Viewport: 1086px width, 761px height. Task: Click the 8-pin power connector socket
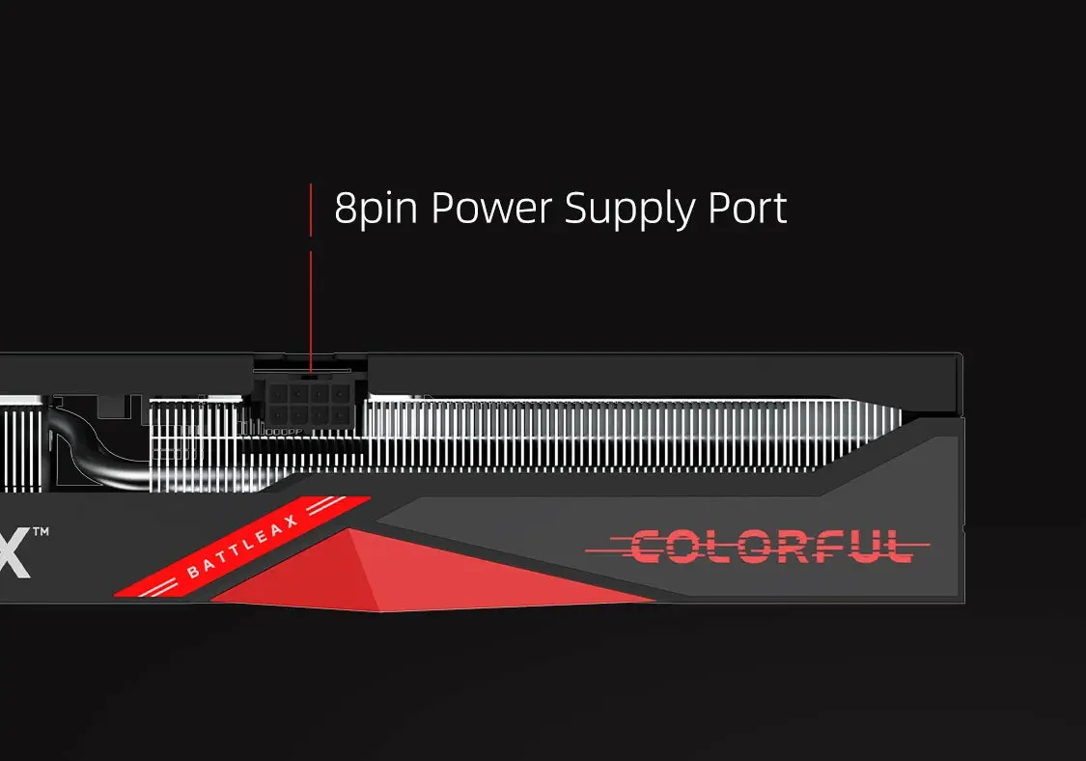[x=309, y=404]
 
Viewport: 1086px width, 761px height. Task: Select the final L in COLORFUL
[x=895, y=547]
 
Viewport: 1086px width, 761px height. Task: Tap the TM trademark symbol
[x=41, y=532]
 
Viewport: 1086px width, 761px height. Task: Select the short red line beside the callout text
[x=311, y=209]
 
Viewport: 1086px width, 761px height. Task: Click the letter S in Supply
[x=577, y=209]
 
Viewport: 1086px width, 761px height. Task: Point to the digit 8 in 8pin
[x=345, y=209]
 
